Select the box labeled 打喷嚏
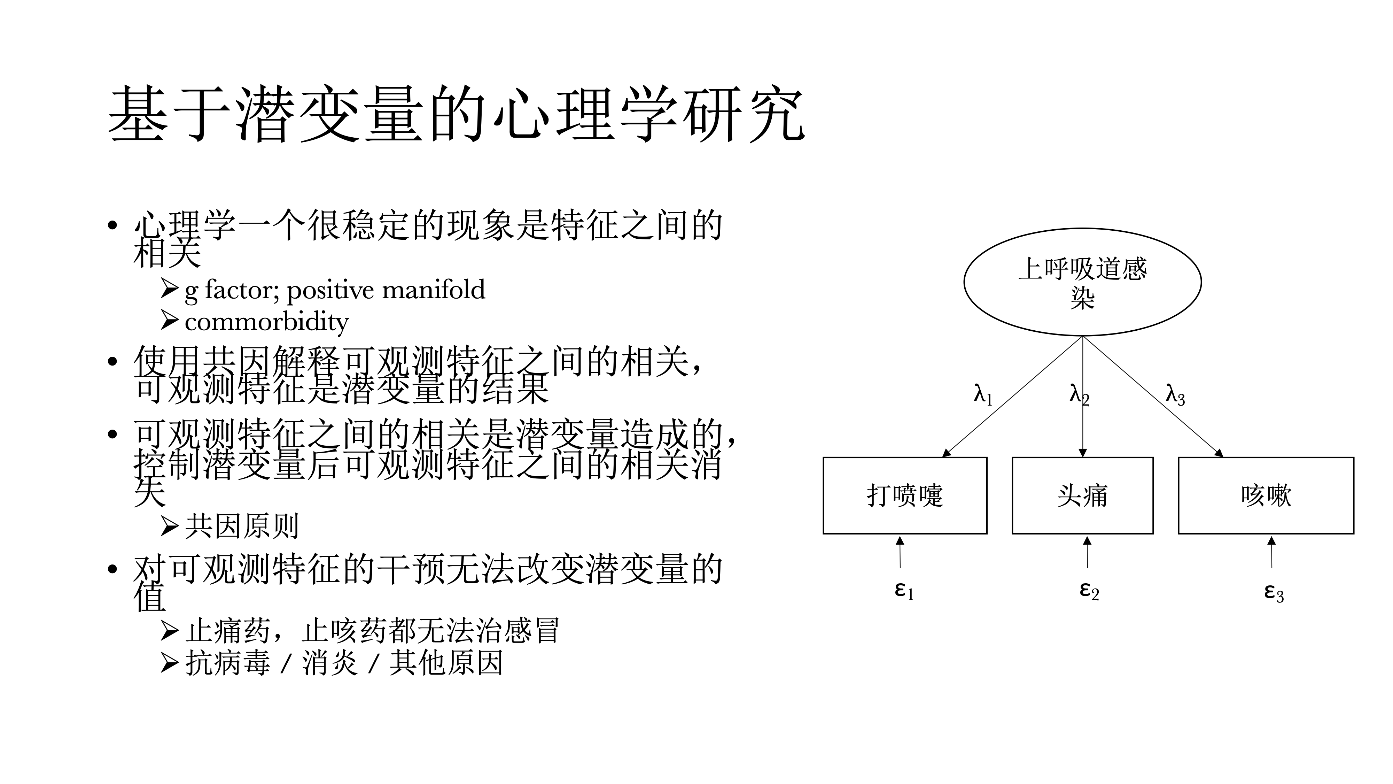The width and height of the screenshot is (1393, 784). (x=905, y=495)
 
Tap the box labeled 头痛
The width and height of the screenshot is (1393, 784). (x=1082, y=495)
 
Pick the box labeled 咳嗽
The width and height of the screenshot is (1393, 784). (x=1266, y=495)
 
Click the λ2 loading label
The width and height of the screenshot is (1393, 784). (x=1078, y=395)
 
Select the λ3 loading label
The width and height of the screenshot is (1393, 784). (x=1175, y=395)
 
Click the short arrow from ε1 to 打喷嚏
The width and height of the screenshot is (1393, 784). (x=900, y=552)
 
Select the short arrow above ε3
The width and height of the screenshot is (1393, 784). (x=1271, y=552)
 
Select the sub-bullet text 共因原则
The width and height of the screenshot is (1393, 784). (x=242, y=526)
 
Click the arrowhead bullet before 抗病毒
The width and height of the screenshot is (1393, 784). (x=169, y=663)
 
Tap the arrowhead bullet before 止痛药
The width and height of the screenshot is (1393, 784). (x=169, y=630)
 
